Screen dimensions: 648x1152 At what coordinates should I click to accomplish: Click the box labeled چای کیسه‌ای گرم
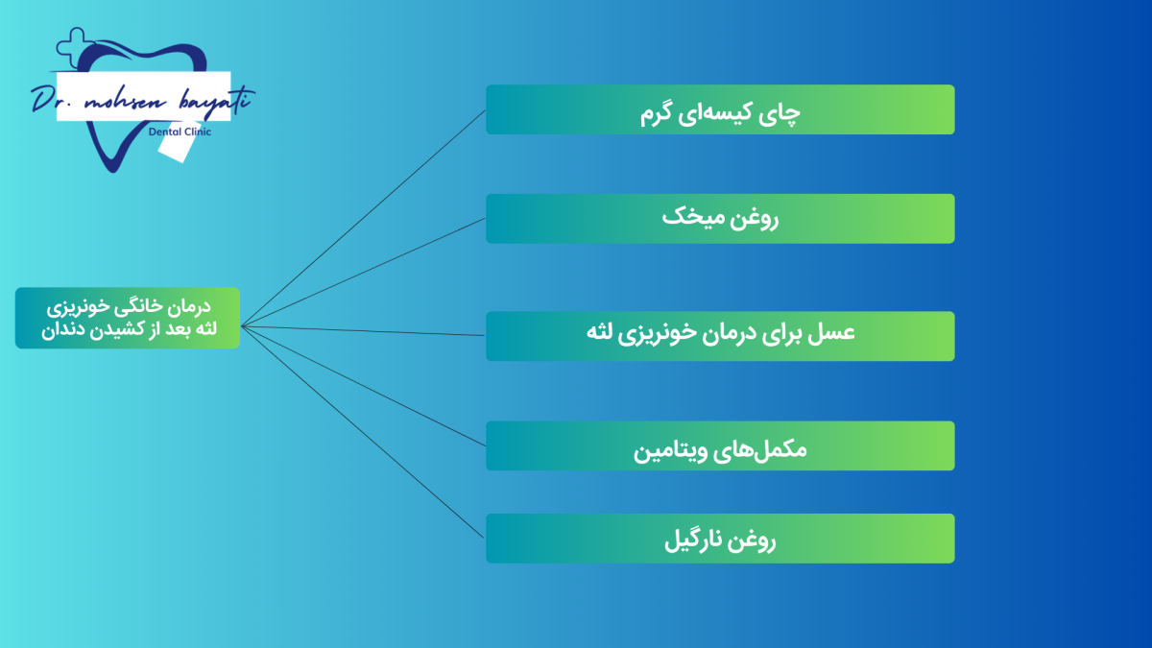click(720, 109)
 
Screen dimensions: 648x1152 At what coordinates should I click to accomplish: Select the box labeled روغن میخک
click(720, 219)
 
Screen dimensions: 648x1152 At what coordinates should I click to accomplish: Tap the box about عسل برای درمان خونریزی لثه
click(720, 336)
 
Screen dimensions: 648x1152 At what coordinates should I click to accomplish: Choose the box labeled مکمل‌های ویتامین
click(720, 445)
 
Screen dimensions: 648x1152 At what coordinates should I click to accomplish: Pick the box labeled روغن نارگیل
click(720, 539)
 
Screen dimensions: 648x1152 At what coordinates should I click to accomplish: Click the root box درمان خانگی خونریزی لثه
click(128, 318)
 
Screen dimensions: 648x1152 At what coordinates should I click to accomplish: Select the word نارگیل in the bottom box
click(695, 540)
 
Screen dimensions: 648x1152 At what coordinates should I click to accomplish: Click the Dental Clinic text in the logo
click(180, 132)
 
